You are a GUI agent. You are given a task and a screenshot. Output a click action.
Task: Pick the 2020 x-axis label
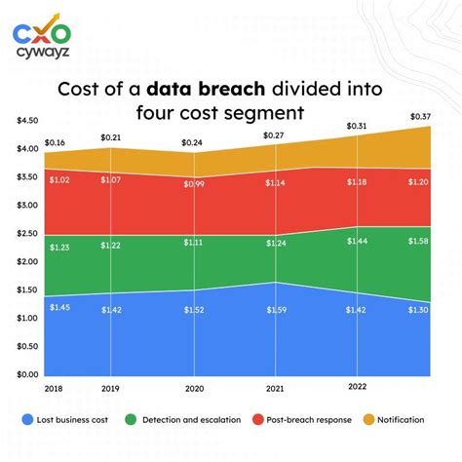coord(194,388)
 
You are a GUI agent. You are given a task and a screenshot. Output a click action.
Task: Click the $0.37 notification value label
coord(420,118)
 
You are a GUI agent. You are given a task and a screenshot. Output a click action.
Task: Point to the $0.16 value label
coord(56,142)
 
